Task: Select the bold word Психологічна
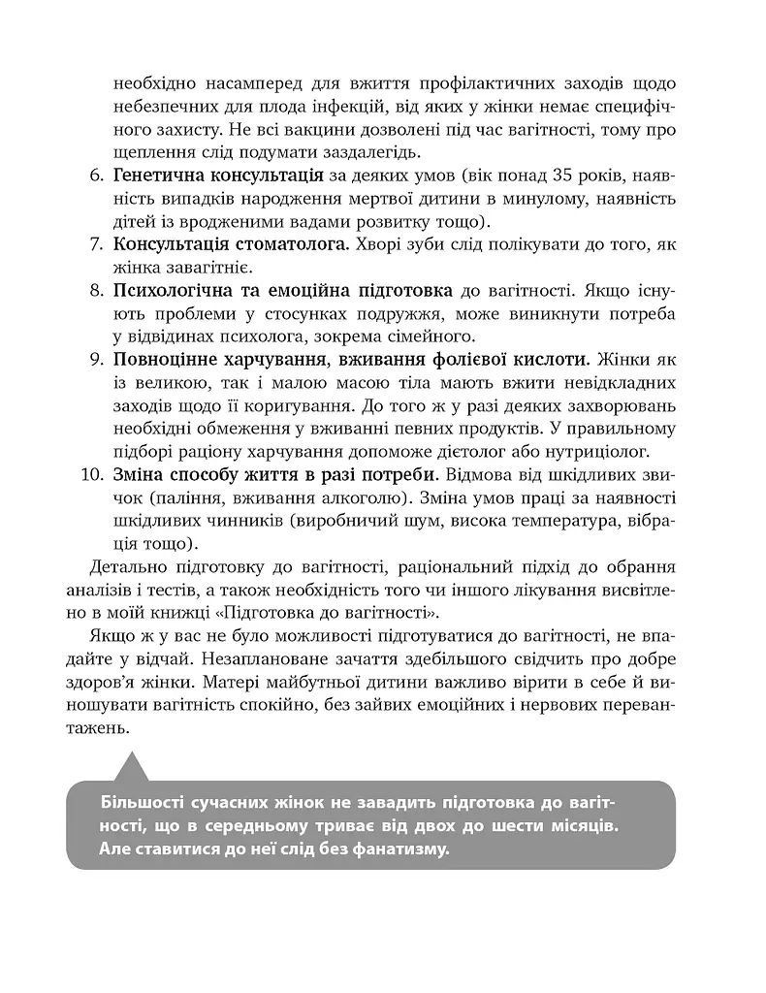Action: tap(171, 290)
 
